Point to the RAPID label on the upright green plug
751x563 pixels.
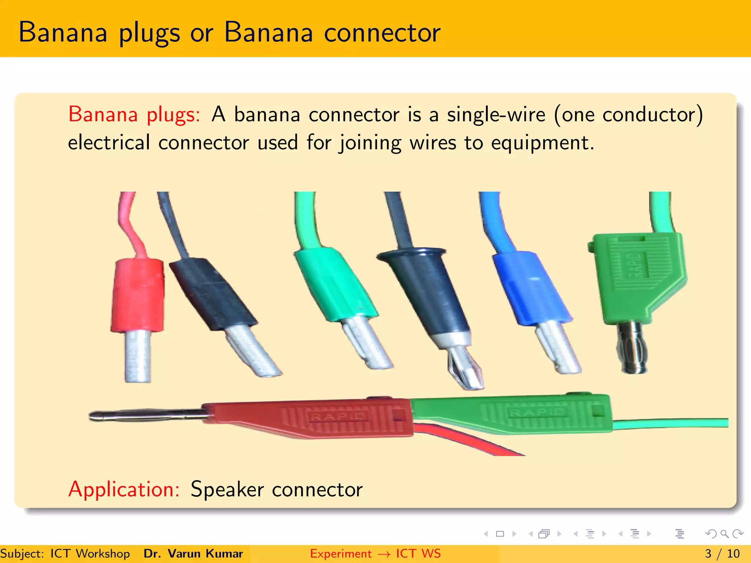pyautogui.click(x=637, y=264)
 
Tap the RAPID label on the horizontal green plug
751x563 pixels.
pyautogui.click(x=537, y=413)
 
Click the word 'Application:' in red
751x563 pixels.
pyautogui.click(x=124, y=489)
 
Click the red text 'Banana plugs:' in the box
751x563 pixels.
pyautogui.click(x=134, y=114)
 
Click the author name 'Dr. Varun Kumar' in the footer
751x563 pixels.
pyautogui.click(x=193, y=553)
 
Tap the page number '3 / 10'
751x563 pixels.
pyautogui.click(x=722, y=553)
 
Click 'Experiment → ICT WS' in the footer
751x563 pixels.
pyautogui.click(x=375, y=553)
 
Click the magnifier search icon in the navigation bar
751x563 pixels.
pyautogui.click(x=724, y=534)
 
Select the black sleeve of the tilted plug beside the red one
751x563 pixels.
pyautogui.click(x=213, y=293)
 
